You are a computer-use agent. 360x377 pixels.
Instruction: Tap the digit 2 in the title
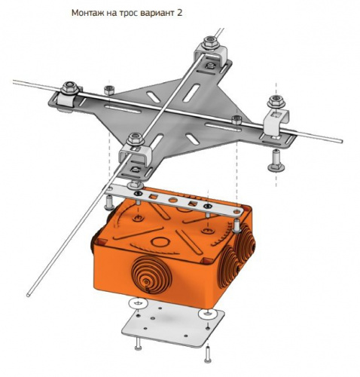(179, 13)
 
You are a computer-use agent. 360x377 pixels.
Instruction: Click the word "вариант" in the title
(157, 13)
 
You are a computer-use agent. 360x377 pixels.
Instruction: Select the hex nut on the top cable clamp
(210, 42)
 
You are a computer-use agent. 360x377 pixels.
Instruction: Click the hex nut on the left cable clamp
(69, 87)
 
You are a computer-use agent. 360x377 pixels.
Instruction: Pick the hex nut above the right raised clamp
(276, 102)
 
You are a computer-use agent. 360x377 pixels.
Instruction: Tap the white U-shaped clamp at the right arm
(276, 122)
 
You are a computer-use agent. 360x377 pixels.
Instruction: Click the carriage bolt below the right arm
(276, 161)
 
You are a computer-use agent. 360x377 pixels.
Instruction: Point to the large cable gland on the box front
(151, 274)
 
